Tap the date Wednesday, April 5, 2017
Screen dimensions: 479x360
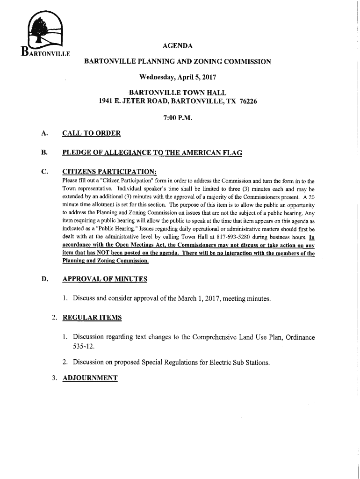tap(177, 77)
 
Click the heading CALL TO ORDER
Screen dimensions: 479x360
tap(91, 134)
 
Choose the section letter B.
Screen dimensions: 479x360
tap(44, 152)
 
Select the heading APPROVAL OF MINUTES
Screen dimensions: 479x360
tap(105, 279)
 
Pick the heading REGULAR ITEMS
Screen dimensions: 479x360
tap(92, 318)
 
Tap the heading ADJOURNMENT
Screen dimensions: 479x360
tap(90, 377)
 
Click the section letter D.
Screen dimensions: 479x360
tap(45, 279)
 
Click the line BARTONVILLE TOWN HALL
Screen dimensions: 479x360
tap(177, 93)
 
